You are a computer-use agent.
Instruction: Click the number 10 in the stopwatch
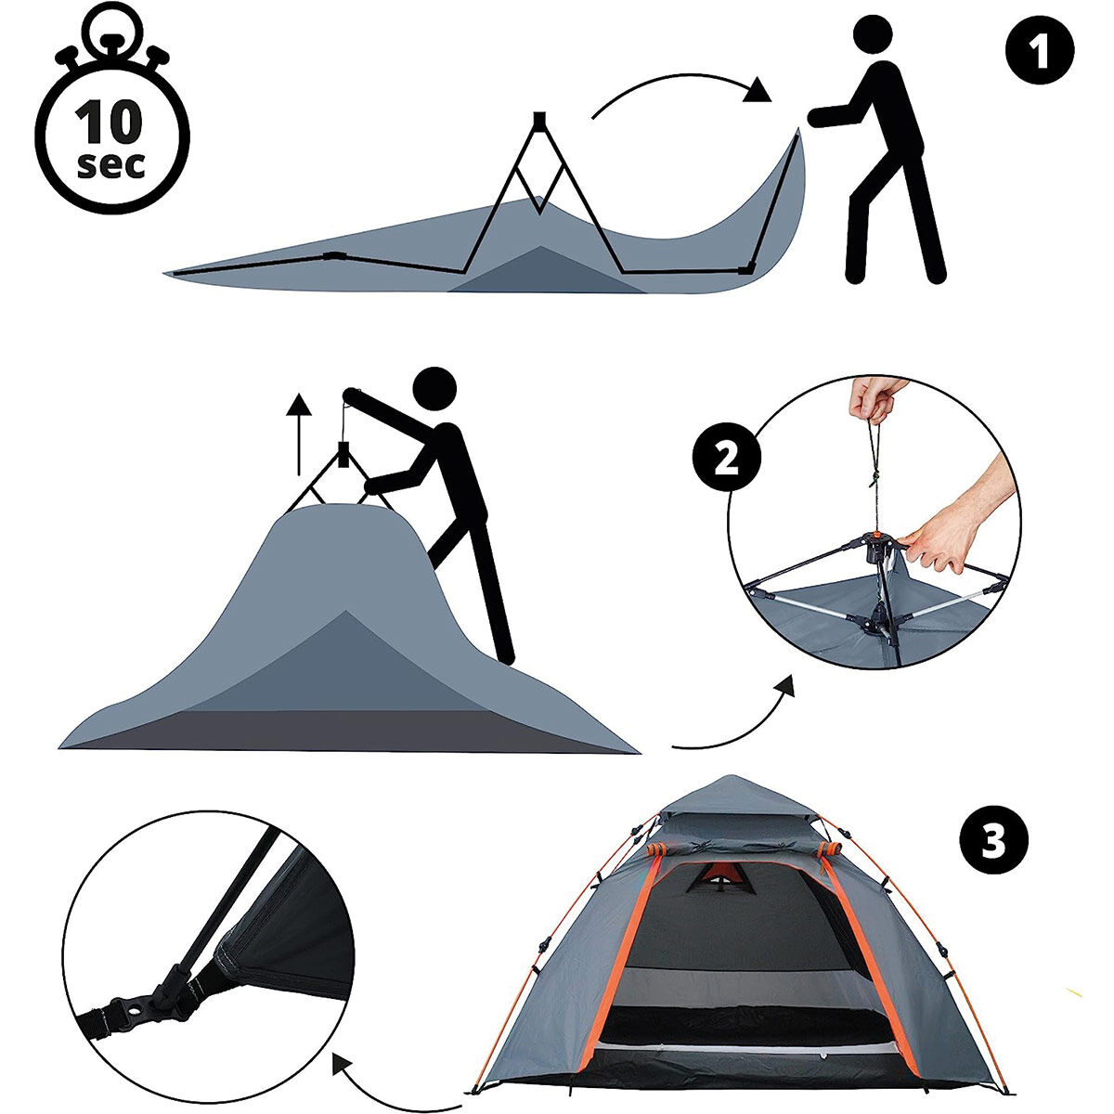tap(108, 122)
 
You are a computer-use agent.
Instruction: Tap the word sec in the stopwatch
tap(110, 165)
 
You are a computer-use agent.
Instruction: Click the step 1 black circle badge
tap(1040, 50)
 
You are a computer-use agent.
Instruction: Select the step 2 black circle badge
tap(727, 459)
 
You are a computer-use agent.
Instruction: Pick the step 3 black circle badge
tap(993, 840)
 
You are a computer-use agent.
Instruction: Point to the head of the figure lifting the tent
tap(435, 389)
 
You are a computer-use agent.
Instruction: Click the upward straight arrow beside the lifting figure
tap(299, 434)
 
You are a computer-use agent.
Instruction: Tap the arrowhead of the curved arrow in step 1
tap(757, 92)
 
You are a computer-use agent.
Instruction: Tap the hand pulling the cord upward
tap(875, 399)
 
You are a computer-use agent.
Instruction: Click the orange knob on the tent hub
tap(877, 537)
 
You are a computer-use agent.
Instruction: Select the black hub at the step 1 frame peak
tap(538, 120)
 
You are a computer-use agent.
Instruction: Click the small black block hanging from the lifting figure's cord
tap(342, 454)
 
